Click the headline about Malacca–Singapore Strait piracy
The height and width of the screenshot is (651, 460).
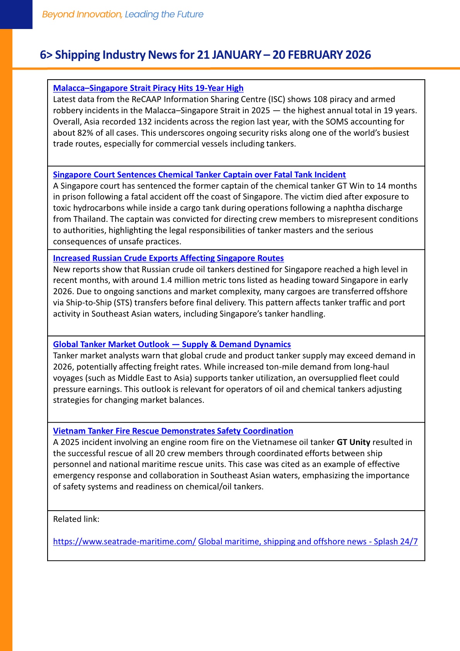(x=148, y=88)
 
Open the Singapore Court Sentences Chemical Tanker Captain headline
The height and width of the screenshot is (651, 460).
(x=199, y=175)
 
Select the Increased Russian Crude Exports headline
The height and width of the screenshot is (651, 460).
(x=168, y=258)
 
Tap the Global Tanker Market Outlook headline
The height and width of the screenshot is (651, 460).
(x=172, y=344)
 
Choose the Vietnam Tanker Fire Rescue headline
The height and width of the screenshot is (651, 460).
(x=173, y=431)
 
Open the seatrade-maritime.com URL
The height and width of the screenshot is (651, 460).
(x=124, y=542)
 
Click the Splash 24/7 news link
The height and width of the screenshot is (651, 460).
(x=308, y=542)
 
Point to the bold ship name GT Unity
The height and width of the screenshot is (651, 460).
(x=353, y=442)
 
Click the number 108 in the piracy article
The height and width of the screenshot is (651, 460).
(x=320, y=99)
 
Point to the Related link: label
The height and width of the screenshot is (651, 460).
(x=76, y=519)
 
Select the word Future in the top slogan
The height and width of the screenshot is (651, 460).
(x=190, y=14)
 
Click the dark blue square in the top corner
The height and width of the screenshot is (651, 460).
(x=16, y=14)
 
